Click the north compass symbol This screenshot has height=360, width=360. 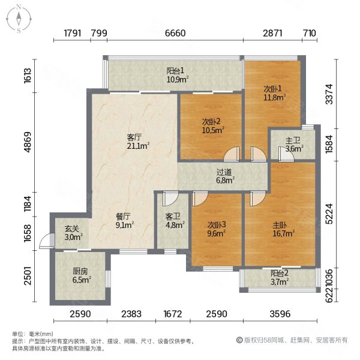pyautogui.click(x=19, y=18)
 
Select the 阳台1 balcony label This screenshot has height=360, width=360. pyautogui.click(x=177, y=74)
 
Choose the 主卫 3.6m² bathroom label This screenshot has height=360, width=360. pyautogui.click(x=294, y=145)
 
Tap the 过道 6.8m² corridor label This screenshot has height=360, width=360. pyautogui.click(x=225, y=175)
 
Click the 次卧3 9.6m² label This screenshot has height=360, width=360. pyautogui.click(x=216, y=230)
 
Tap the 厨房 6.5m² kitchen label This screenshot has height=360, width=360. pyautogui.click(x=81, y=275)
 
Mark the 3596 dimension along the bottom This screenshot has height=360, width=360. pyautogui.click(x=279, y=314)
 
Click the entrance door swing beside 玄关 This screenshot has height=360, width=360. pyautogui.click(x=43, y=242)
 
